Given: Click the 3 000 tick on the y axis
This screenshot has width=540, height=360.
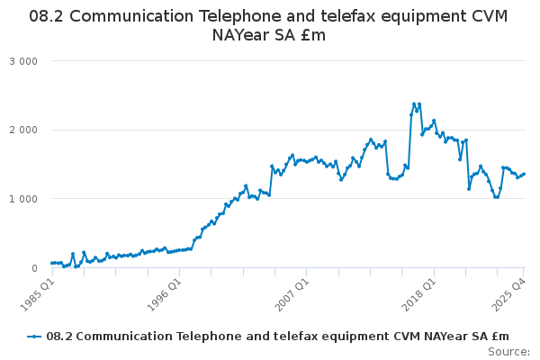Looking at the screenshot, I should click(x=25, y=61).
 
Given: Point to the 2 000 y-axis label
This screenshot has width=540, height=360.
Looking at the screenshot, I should click(x=25, y=130).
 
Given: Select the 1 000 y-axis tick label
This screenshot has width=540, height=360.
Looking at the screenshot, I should click(x=25, y=199).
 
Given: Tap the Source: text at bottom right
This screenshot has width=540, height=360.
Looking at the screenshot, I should click(x=508, y=351).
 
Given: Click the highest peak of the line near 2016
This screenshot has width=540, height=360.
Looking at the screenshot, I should click(x=414, y=103).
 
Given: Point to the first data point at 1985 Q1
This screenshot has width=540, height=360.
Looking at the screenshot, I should click(x=52, y=263).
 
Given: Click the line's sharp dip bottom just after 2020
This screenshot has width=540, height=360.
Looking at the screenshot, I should click(x=469, y=188).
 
